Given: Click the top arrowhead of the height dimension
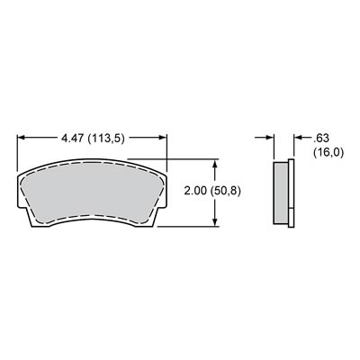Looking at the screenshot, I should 215,166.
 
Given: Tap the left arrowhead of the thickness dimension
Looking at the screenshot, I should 270,139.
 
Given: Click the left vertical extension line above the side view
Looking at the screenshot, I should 275,144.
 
